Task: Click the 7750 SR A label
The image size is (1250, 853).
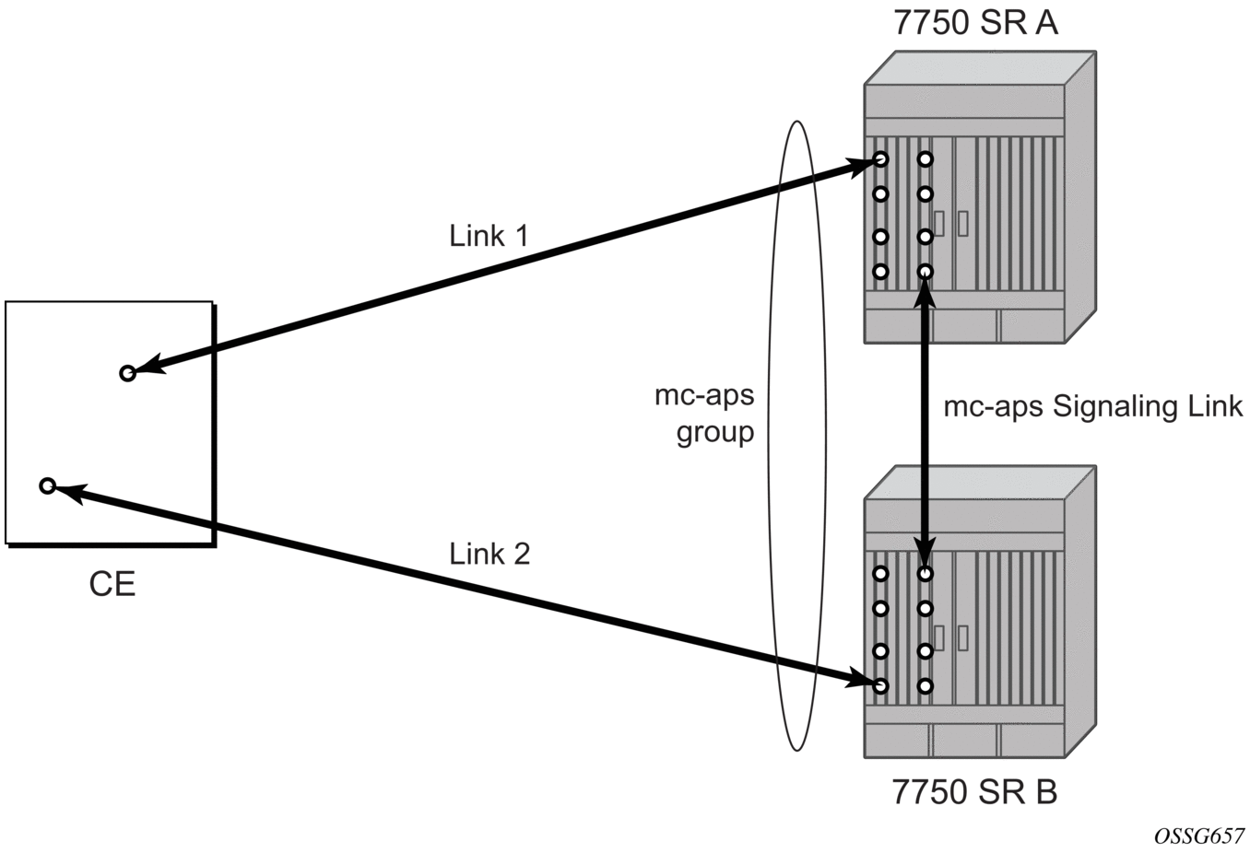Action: (975, 23)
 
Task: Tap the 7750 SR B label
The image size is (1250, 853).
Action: (975, 792)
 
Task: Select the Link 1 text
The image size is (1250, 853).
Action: (489, 236)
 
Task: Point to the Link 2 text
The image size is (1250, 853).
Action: (489, 554)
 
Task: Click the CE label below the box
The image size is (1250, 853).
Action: (112, 584)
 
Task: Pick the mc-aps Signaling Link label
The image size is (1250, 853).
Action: (1093, 406)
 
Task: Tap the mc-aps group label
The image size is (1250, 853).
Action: (704, 414)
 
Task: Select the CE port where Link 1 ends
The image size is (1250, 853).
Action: (128, 373)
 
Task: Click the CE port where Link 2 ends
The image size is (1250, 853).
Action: (48, 485)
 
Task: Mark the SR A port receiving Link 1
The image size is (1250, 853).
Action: (880, 159)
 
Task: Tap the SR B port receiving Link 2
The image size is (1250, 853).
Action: (880, 686)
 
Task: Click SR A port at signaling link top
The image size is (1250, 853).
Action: (926, 272)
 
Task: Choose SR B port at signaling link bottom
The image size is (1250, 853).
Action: (926, 574)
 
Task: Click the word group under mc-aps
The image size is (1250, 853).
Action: (715, 431)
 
